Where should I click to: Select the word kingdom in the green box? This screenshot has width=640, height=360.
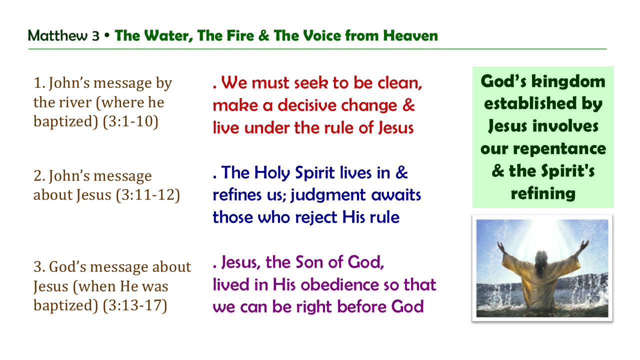[566, 81]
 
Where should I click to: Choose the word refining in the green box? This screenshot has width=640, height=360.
[543, 193]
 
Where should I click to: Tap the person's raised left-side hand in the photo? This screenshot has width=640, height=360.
[499, 246]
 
